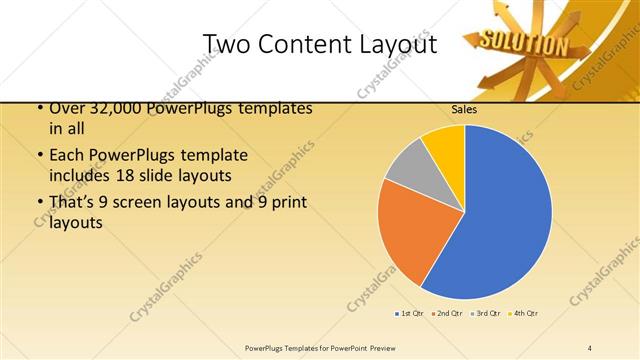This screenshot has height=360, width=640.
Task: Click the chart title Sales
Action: pyautogui.click(x=463, y=109)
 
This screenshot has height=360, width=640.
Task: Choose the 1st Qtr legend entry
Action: pyautogui.click(x=410, y=313)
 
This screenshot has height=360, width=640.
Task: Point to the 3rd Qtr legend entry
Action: pyautogui.click(x=486, y=313)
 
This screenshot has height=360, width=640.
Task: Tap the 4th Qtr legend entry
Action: pyautogui.click(x=524, y=313)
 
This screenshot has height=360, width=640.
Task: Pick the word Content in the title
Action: pyautogui.click(x=302, y=44)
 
